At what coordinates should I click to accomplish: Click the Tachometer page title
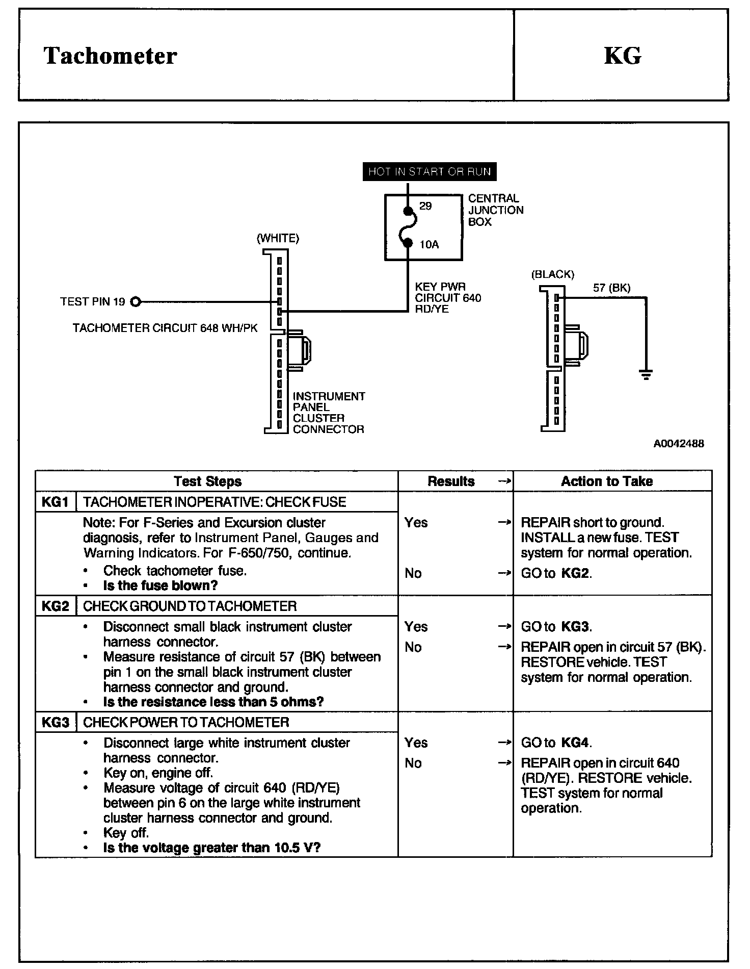coord(110,56)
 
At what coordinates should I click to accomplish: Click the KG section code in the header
coord(622,56)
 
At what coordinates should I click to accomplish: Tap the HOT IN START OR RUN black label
coord(429,171)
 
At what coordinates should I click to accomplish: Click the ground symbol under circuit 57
coord(646,376)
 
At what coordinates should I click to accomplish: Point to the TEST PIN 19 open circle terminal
coord(135,302)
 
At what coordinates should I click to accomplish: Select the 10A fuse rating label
coord(429,245)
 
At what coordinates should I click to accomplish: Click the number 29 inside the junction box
coord(425,206)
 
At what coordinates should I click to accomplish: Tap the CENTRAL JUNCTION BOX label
coord(495,210)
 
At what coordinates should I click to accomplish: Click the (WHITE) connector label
coord(278,238)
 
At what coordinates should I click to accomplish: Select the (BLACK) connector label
coord(552,274)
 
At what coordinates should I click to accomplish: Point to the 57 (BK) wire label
coord(611,288)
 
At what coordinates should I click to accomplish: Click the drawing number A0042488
coord(679,444)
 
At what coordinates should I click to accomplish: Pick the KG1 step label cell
coord(55,502)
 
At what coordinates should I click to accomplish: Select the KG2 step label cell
coord(55,606)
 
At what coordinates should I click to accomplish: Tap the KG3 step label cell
coord(55,722)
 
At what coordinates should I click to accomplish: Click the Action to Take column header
coord(607,481)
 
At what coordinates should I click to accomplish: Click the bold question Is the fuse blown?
coord(160,585)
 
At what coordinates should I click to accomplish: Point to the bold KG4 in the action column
coord(576,743)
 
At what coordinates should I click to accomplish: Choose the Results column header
coord(451,481)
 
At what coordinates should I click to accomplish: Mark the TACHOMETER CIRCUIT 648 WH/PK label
coord(165,328)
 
